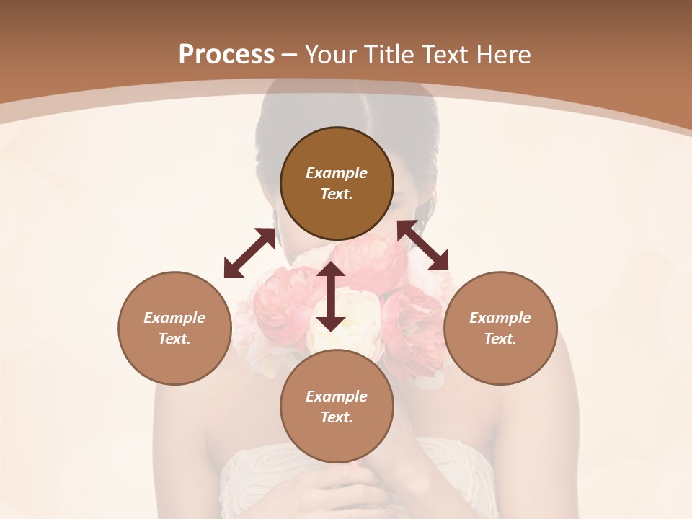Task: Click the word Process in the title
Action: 226,56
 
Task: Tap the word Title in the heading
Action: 389,55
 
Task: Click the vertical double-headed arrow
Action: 331,296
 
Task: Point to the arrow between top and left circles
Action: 249,253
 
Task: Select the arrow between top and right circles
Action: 422,245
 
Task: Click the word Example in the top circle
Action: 337,173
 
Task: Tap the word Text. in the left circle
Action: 174,339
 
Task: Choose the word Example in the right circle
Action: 500,318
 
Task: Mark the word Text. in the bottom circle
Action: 337,417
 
